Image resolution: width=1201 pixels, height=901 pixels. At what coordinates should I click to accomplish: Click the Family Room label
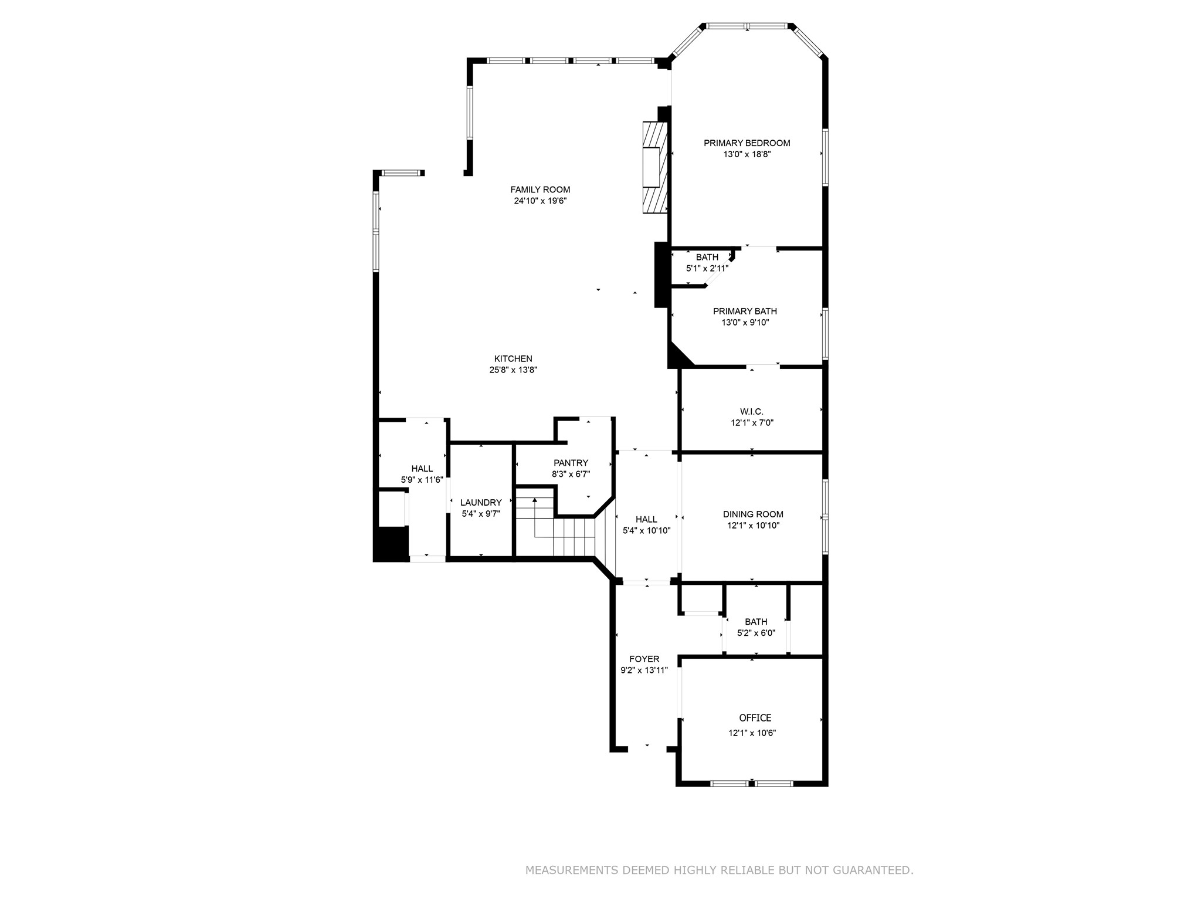click(540, 189)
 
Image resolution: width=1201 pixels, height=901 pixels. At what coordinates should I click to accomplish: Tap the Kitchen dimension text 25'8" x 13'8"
click(513, 370)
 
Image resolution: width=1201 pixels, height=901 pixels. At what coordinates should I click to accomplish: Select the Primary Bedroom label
click(747, 143)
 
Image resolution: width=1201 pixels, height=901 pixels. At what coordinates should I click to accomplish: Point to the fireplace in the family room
click(655, 167)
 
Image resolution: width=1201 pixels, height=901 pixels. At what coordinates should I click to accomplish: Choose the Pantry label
click(571, 463)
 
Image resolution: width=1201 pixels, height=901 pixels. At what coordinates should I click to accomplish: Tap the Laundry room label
click(481, 502)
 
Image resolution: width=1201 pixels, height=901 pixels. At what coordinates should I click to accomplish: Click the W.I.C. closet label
click(752, 412)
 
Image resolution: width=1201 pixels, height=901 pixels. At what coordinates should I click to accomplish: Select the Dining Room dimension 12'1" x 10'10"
click(753, 526)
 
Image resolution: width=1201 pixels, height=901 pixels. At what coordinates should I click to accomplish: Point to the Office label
click(755, 717)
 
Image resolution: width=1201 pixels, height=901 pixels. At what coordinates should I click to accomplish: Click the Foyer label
click(644, 659)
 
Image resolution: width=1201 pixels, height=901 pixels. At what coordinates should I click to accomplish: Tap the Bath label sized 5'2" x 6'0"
click(756, 622)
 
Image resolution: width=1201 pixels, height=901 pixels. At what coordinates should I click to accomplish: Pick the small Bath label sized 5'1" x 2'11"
click(707, 257)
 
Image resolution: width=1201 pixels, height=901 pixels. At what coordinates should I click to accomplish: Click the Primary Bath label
click(745, 311)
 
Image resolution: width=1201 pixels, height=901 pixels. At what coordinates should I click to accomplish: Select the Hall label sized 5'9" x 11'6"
click(422, 468)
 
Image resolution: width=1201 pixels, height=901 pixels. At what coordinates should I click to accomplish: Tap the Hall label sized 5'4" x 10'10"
click(646, 519)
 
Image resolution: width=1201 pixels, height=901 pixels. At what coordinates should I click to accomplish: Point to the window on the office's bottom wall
click(752, 783)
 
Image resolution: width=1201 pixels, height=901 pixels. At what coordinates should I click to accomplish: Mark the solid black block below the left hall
click(391, 544)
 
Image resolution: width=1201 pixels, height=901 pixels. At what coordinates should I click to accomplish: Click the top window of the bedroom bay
click(747, 26)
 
